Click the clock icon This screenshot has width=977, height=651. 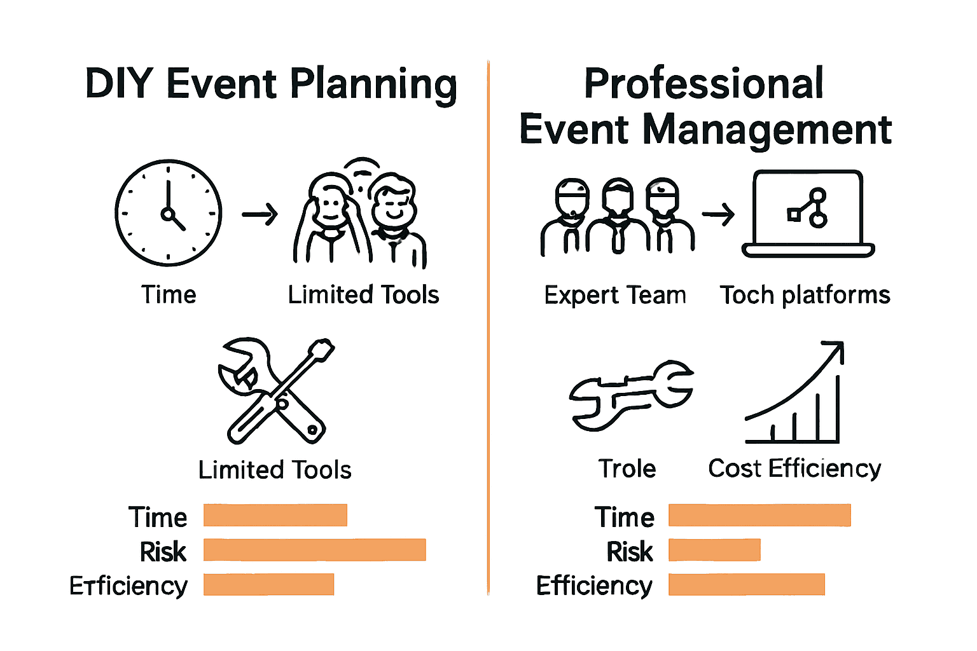point(169,213)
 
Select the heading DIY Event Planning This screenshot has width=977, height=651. point(271,84)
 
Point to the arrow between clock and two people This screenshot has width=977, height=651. point(260,214)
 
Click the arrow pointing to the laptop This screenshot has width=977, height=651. point(719,214)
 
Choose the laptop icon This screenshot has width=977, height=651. point(808,213)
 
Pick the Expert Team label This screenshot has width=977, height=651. point(615,295)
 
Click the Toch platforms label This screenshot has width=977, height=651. point(805,295)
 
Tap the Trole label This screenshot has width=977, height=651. point(627,469)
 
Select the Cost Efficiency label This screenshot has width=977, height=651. point(794,469)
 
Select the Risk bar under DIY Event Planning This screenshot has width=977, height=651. point(314,550)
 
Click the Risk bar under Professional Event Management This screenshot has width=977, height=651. point(714,550)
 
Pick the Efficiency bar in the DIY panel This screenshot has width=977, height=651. point(268,584)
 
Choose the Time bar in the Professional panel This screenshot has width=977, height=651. point(759,516)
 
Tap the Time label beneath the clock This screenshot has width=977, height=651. point(169,295)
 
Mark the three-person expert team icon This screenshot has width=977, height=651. point(617,216)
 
